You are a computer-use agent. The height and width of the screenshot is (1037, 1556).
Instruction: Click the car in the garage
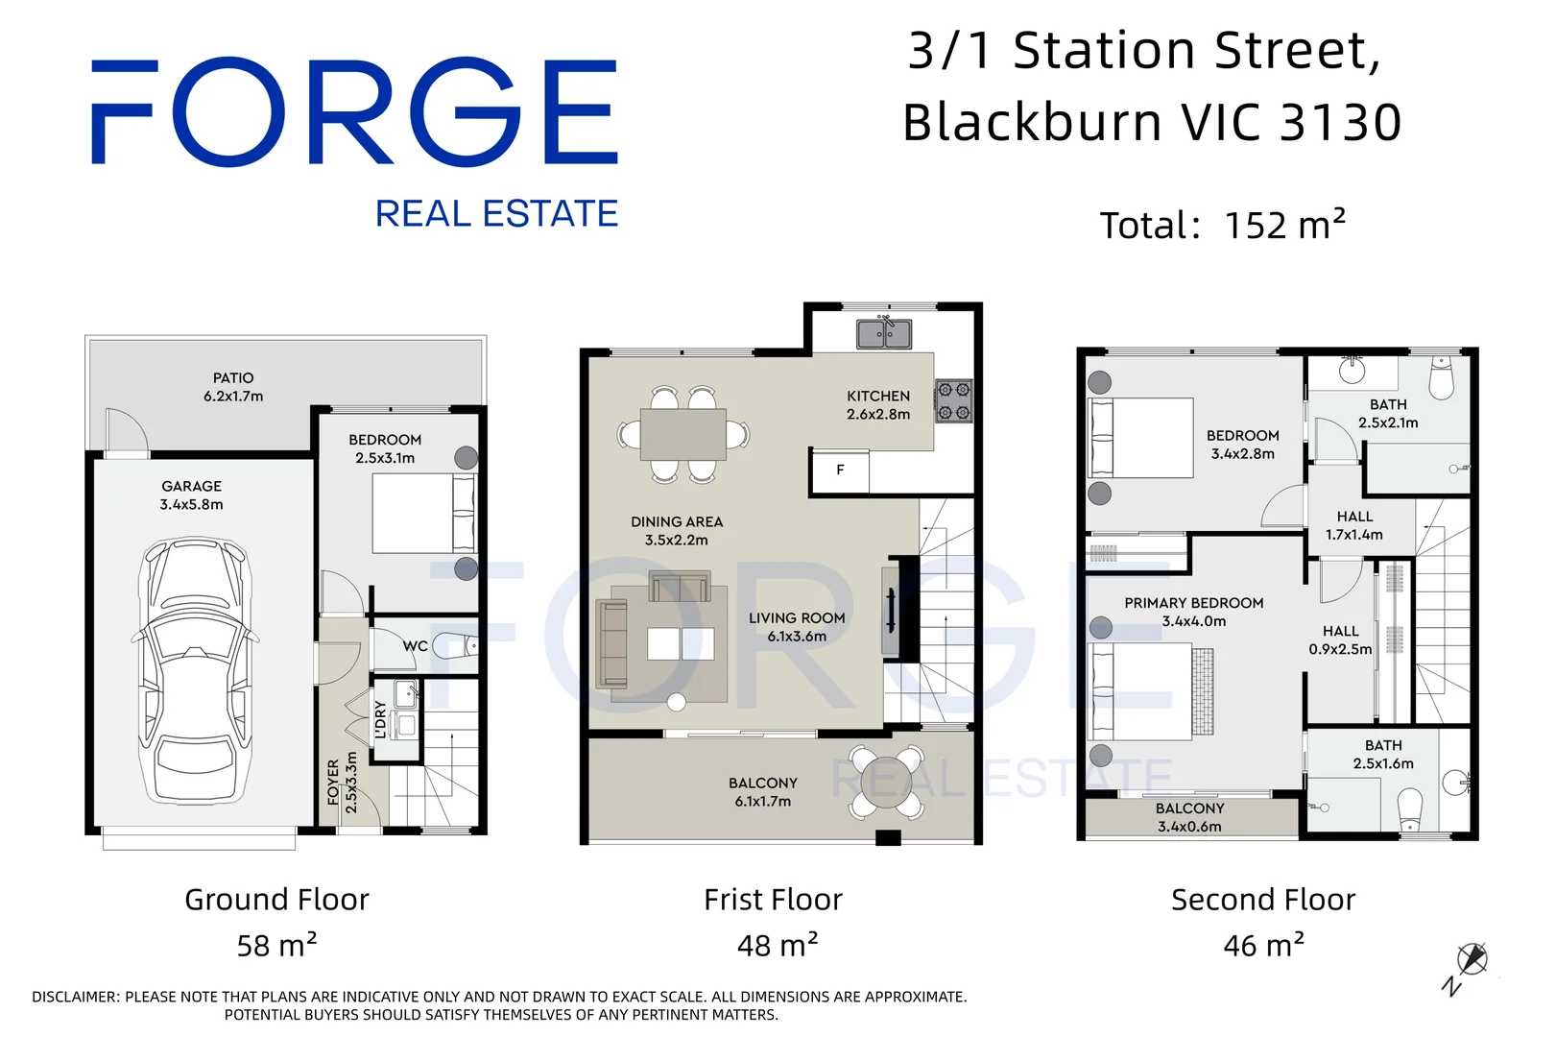[195, 672]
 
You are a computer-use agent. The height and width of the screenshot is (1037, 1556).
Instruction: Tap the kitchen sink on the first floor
[883, 333]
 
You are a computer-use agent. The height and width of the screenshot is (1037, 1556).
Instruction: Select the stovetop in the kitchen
[954, 400]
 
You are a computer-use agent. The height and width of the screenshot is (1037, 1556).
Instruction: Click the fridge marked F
[840, 470]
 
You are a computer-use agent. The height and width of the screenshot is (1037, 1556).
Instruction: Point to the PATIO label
[233, 378]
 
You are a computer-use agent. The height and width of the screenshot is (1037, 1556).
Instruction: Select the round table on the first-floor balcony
[886, 782]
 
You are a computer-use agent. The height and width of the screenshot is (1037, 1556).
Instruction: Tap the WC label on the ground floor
[416, 646]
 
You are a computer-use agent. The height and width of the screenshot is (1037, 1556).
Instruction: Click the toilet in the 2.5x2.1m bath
[1442, 377]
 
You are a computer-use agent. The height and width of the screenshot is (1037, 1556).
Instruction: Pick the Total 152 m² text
[1223, 226]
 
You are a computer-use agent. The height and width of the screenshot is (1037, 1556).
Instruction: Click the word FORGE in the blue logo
[354, 112]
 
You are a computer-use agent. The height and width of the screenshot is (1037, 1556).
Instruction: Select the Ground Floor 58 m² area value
[276, 945]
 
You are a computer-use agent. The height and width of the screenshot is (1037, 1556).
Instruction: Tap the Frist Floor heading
[773, 900]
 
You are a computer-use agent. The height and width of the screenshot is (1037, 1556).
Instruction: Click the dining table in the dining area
[682, 434]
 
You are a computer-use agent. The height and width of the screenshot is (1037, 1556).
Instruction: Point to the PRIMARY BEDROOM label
[1193, 603]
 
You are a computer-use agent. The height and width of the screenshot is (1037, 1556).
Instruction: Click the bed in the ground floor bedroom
[424, 513]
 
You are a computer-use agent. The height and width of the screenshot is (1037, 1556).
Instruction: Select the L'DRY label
[380, 719]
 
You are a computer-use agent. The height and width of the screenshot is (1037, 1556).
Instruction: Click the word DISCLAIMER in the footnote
[75, 997]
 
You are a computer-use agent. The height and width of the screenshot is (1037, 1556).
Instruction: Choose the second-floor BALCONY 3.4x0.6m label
[1189, 817]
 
